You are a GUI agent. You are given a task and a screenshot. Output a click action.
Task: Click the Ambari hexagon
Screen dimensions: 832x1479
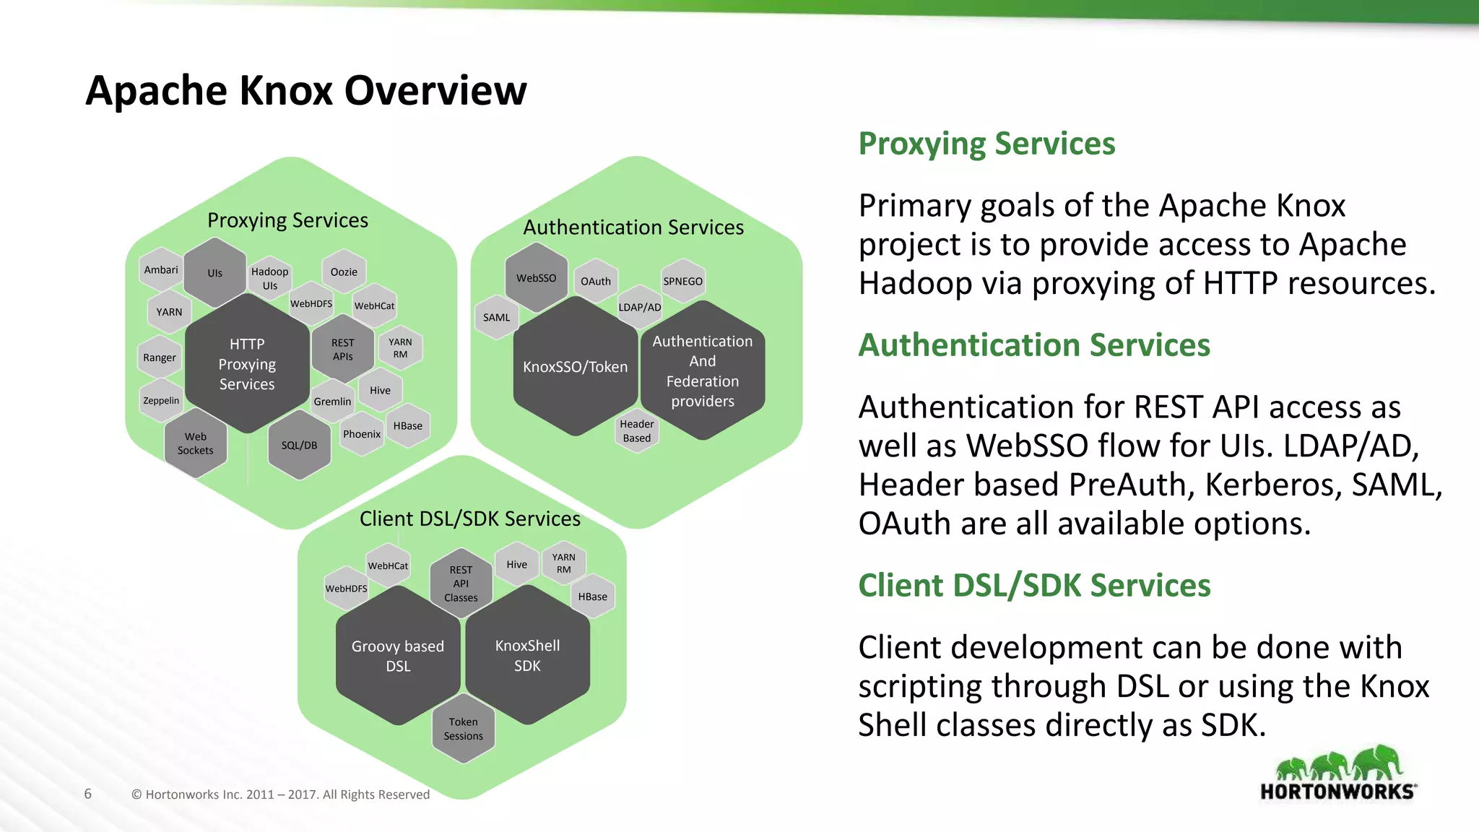[161, 270]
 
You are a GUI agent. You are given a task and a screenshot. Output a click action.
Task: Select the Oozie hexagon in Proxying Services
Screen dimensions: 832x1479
[344, 272]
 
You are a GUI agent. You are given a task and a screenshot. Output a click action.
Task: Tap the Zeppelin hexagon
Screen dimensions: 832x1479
[161, 401]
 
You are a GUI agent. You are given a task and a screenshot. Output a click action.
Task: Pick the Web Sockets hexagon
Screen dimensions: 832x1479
[195, 443]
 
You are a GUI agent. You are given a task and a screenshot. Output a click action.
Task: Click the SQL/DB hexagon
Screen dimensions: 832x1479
[299, 446]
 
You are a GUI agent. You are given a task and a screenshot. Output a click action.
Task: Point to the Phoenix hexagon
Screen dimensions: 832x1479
[361, 434]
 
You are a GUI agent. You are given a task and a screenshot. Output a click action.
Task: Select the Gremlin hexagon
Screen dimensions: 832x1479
[332, 402]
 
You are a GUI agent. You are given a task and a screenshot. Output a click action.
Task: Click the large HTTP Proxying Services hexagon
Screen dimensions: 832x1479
[247, 364]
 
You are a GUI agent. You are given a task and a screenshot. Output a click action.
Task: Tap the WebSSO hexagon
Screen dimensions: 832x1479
[536, 278]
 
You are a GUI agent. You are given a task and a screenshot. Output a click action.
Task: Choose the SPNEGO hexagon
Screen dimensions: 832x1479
[682, 281]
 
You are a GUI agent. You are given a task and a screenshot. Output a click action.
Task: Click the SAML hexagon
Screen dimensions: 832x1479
[496, 317]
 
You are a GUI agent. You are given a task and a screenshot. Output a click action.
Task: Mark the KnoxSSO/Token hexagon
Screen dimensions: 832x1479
[575, 367]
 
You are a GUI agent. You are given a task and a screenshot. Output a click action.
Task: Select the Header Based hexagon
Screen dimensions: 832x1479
[636, 431]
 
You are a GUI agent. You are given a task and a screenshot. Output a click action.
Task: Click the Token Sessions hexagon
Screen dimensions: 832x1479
[463, 729]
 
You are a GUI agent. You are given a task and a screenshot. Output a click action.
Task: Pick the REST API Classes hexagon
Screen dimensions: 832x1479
[461, 584]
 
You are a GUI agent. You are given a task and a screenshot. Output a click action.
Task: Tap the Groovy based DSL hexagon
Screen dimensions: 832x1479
[398, 656]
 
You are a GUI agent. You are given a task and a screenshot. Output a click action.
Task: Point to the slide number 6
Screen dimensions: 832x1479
[88, 794]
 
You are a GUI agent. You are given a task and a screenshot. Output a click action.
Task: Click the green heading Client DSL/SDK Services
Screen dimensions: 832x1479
[1033, 585]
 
